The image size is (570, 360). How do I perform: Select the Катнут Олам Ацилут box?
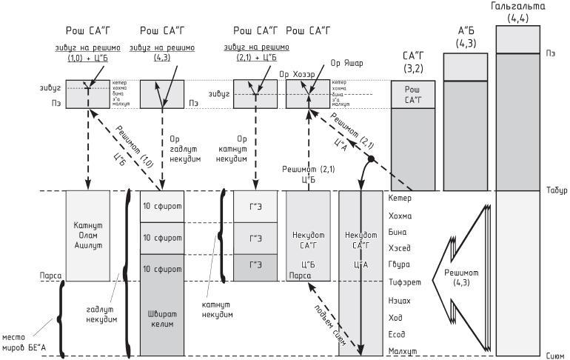point(87,236)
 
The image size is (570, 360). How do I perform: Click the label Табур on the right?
point(556,190)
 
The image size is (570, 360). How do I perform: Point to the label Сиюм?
point(556,356)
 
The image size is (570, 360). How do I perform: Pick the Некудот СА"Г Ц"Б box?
point(308,236)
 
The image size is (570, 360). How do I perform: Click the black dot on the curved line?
point(369,159)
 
